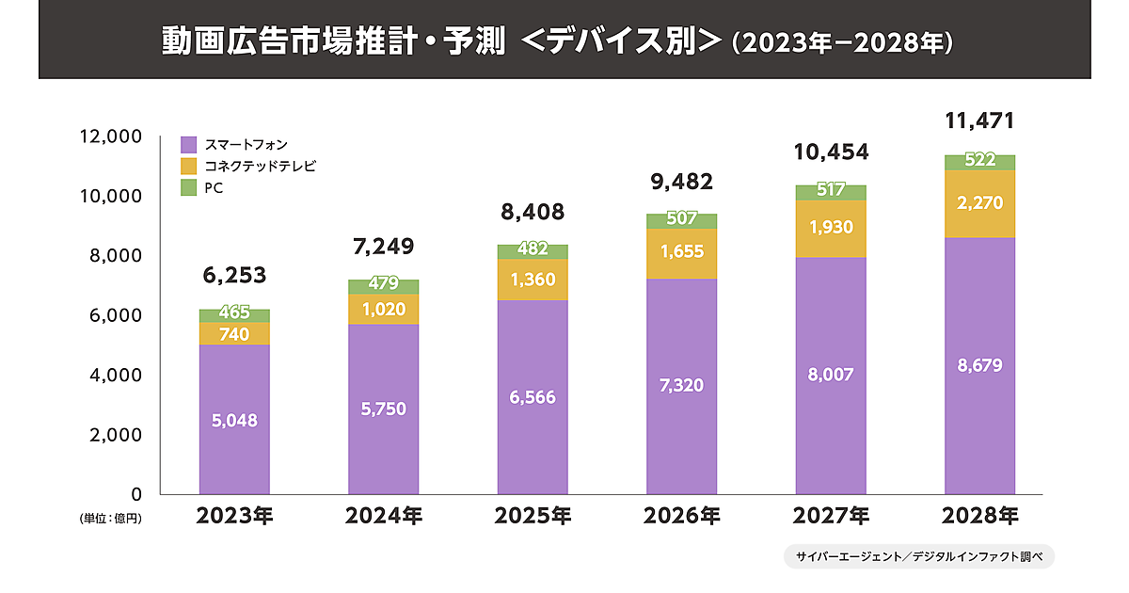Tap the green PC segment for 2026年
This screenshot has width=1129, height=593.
(682, 221)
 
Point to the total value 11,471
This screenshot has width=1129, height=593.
(980, 121)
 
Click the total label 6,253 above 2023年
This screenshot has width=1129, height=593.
(235, 276)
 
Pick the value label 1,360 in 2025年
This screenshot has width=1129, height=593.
(533, 280)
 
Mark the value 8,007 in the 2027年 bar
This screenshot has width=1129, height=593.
(831, 375)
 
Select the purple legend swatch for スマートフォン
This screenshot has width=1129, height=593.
(188, 145)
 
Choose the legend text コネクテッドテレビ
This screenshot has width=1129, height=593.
(260, 167)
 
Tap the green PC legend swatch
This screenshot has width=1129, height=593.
(188, 188)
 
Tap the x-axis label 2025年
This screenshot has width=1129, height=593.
(533, 516)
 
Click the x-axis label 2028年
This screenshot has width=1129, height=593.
(980, 516)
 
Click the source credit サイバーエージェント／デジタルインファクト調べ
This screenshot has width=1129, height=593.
(919, 556)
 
